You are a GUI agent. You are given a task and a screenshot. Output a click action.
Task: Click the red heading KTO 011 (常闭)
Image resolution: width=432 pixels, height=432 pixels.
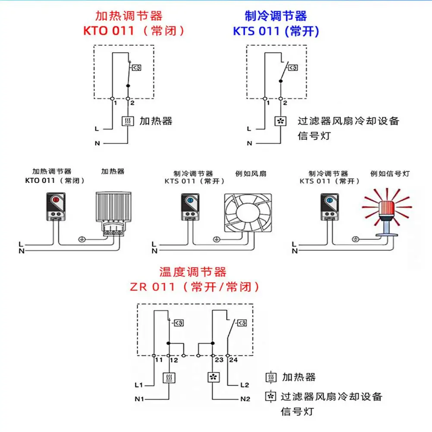click(x=134, y=31)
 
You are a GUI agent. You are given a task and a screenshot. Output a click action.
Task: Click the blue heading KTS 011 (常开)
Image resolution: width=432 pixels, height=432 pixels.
click(x=276, y=31)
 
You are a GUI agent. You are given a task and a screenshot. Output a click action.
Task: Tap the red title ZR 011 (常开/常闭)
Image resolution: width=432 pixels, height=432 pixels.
click(x=195, y=287)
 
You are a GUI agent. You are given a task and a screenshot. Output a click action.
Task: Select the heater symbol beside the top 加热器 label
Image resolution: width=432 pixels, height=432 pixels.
click(x=128, y=121)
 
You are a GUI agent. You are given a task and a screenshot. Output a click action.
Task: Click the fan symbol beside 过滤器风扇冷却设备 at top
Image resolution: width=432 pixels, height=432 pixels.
click(x=281, y=121)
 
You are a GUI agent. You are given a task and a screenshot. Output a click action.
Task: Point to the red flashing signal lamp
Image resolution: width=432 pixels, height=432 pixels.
click(x=387, y=213)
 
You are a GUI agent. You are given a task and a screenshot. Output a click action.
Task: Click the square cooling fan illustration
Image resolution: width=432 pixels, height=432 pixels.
click(x=248, y=213)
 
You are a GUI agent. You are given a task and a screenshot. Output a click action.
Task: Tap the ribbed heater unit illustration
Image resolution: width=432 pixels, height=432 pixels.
click(x=114, y=214)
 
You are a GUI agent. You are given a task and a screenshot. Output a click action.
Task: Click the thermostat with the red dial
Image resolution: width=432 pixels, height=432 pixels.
click(x=56, y=207)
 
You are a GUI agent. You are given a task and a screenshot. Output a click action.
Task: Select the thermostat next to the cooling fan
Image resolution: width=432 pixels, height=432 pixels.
click(x=190, y=207)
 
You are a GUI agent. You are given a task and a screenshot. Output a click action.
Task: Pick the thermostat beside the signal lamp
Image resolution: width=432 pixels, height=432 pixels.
click(x=330, y=207)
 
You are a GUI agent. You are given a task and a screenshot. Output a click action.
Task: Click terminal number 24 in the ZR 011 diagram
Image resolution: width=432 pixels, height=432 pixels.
click(x=233, y=360)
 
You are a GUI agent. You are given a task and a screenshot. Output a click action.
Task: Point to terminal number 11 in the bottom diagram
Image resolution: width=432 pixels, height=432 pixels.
click(x=159, y=360)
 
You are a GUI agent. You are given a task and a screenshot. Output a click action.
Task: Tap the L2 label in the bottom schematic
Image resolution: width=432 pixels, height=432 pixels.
click(x=245, y=385)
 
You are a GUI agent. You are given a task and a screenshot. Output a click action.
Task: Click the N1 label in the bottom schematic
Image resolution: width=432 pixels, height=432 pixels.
click(x=139, y=399)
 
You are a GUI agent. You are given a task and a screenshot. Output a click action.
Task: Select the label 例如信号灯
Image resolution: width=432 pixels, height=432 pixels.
click(x=390, y=173)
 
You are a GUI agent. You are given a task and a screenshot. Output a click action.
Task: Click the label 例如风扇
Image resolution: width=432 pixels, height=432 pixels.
click(x=251, y=173)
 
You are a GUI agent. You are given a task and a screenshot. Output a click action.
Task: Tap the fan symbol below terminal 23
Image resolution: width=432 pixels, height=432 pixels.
click(x=214, y=377)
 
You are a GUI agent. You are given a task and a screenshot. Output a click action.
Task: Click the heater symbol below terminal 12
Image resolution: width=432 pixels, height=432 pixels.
click(x=169, y=378)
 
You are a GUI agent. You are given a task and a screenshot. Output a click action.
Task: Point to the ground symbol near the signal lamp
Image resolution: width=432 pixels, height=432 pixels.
click(x=356, y=239)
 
